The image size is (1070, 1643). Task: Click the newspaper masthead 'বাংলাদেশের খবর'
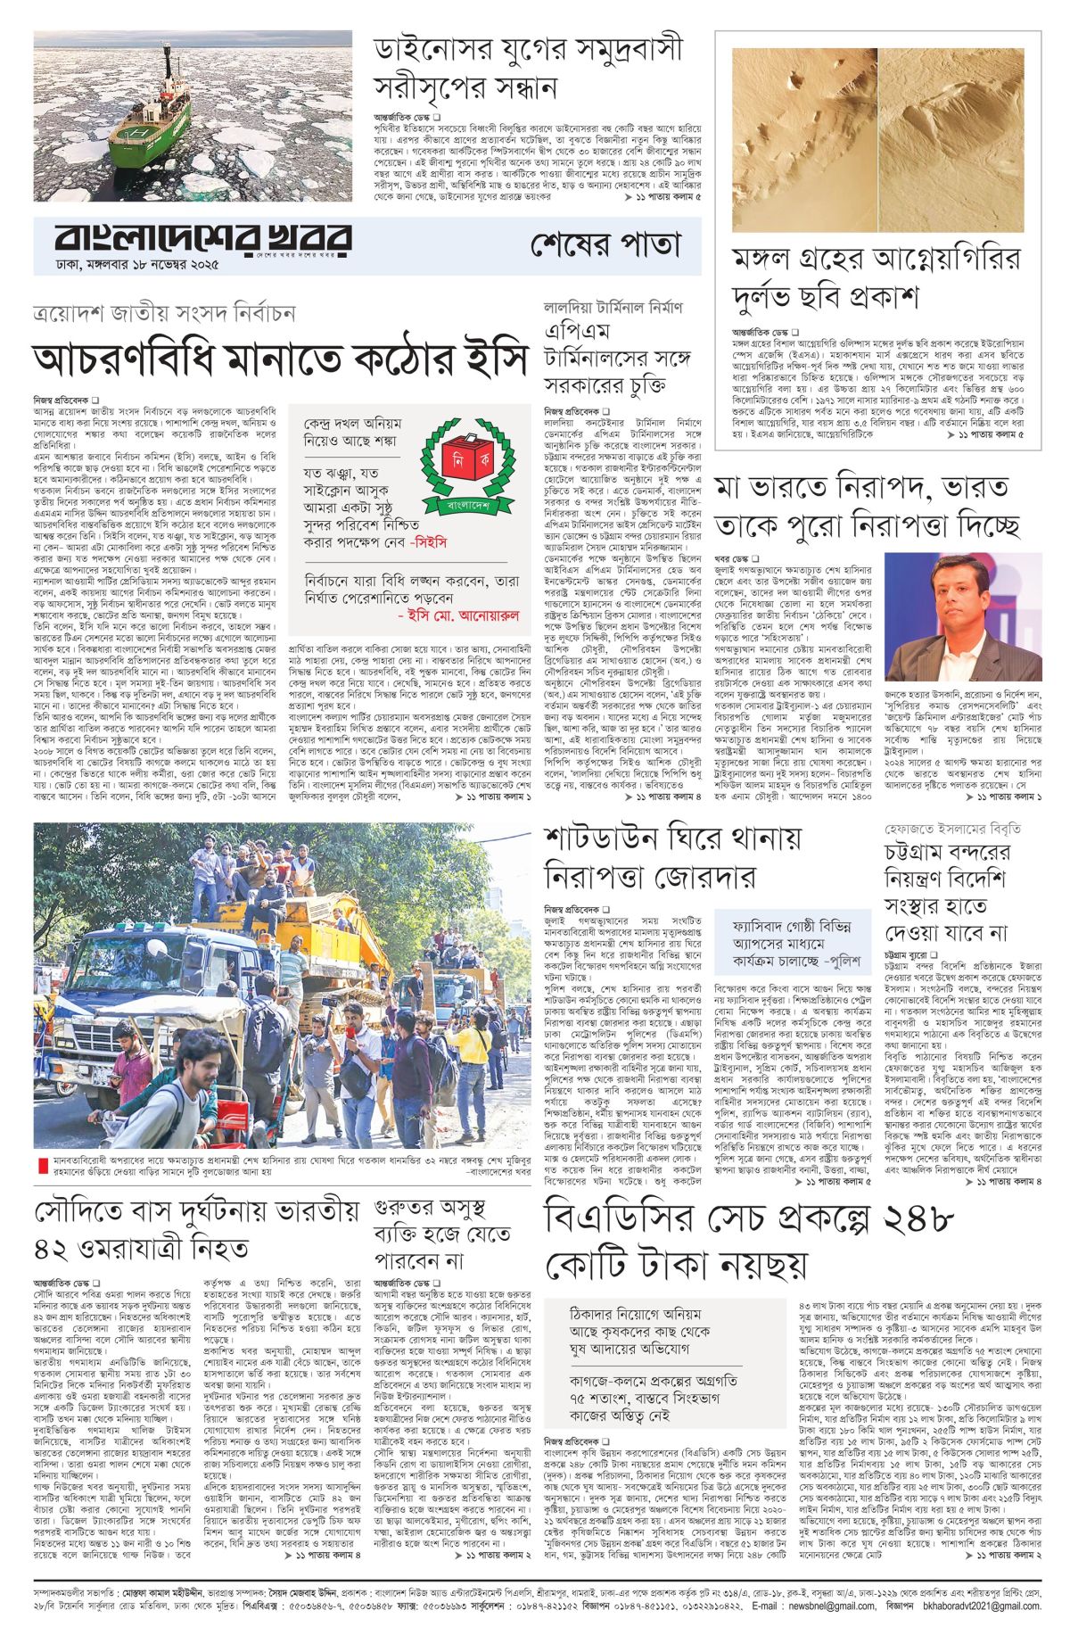pyautogui.click(x=203, y=239)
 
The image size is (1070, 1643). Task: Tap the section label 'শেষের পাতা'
pyautogui.click(x=605, y=244)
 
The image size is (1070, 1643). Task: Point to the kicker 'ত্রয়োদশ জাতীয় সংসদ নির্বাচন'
pyautogui.click(x=164, y=314)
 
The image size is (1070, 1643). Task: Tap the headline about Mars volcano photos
pyautogui.click(x=877, y=276)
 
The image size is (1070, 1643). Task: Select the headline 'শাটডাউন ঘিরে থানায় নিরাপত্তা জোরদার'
pyautogui.click(x=674, y=861)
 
